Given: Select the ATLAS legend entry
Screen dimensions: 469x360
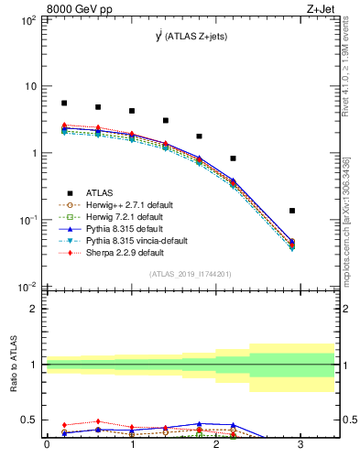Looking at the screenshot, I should [100, 193].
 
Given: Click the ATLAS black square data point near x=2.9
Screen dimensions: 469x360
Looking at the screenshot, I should [292, 211].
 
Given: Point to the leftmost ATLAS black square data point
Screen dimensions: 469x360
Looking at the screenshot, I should [64, 104].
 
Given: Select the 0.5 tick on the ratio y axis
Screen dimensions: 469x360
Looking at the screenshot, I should [33, 420].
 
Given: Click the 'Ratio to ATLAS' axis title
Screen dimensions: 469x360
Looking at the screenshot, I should [12, 366].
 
